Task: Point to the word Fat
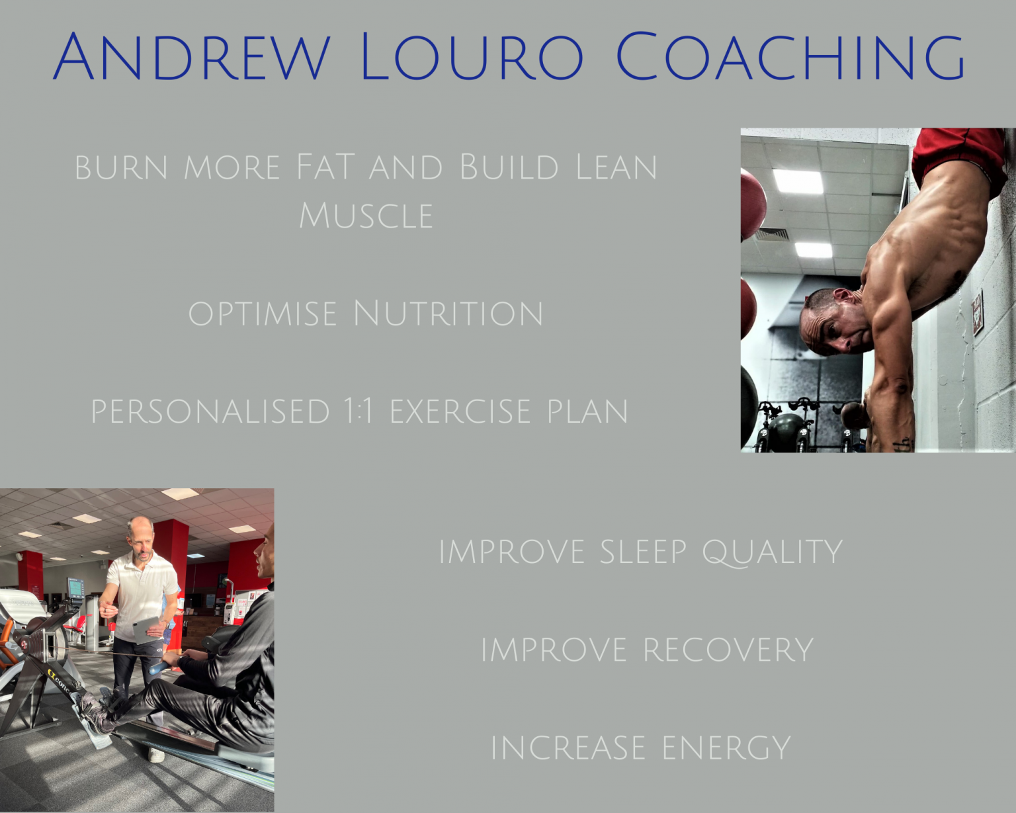pyautogui.click(x=325, y=167)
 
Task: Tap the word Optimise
pyautogui.click(x=263, y=314)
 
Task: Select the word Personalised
pyautogui.click(x=210, y=411)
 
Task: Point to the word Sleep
pyautogui.click(x=643, y=552)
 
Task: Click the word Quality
pyautogui.click(x=772, y=552)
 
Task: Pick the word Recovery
pyautogui.click(x=728, y=650)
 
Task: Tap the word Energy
pyautogui.click(x=726, y=748)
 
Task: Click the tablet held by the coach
pyautogui.click(x=147, y=629)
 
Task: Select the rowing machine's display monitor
pyautogui.click(x=75, y=588)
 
